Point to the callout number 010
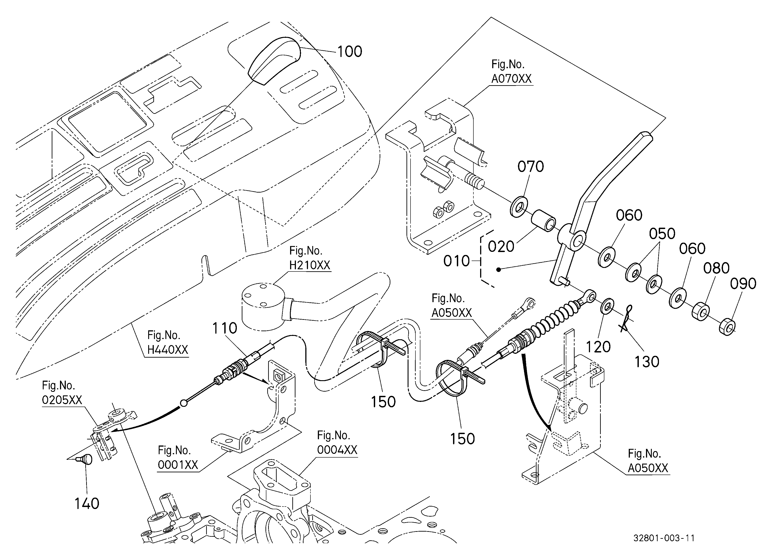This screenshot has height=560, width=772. (x=456, y=261)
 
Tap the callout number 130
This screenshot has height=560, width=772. (x=647, y=362)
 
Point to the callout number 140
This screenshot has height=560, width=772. (x=87, y=504)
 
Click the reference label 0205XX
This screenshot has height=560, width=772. (x=62, y=400)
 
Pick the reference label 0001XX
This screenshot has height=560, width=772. (x=178, y=465)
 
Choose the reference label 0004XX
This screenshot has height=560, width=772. (x=337, y=450)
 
